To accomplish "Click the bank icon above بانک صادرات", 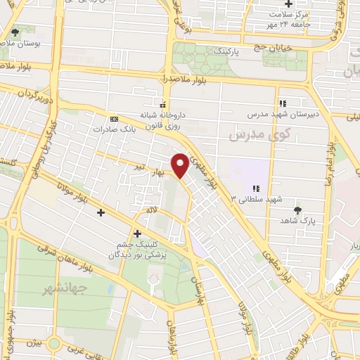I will coord(114,119).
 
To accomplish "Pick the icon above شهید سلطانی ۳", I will coord(257,188).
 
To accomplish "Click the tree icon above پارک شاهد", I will coord(299,209).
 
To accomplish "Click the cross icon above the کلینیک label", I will coord(136,233).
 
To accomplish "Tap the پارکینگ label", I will coord(226,51).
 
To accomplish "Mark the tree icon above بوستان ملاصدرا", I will coord(15,32).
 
